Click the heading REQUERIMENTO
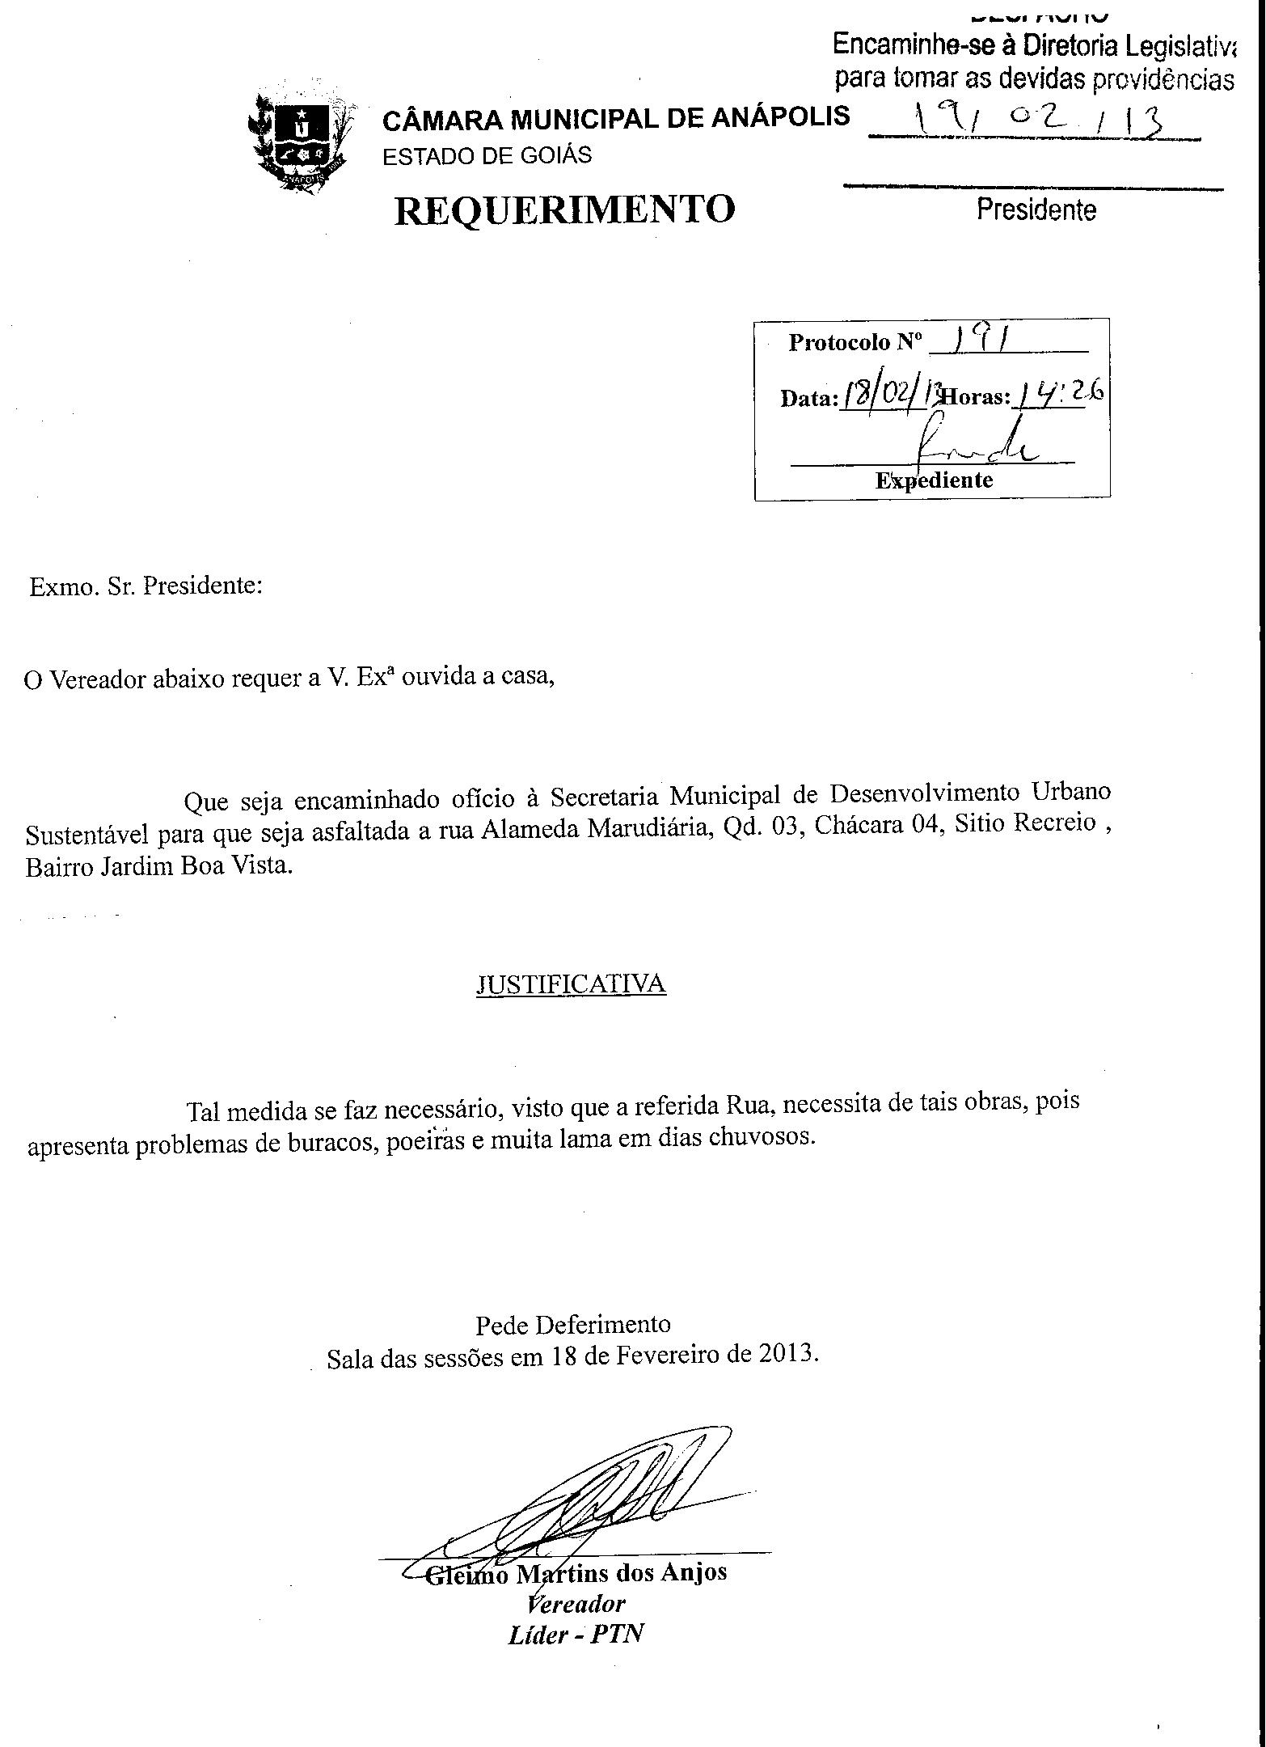tap(564, 209)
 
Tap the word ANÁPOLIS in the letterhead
tap(780, 117)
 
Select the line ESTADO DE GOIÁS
tap(487, 155)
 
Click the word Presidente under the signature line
tap(1036, 210)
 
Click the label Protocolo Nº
tap(855, 343)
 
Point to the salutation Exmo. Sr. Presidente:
tap(146, 586)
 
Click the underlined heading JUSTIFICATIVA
tap(571, 983)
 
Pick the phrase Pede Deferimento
tap(572, 1325)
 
